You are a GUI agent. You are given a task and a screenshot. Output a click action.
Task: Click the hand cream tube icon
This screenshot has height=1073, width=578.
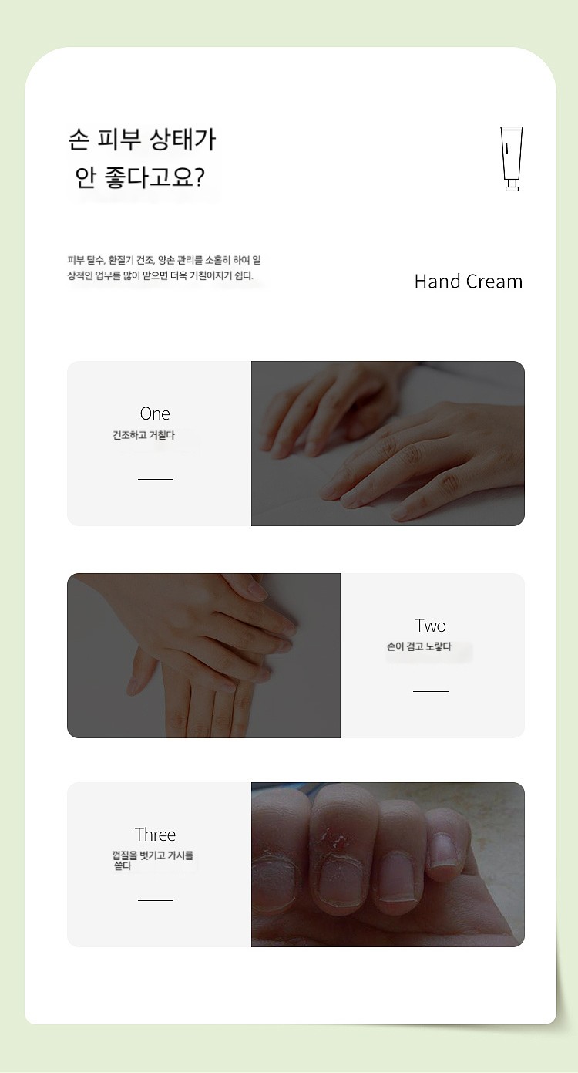[x=512, y=159]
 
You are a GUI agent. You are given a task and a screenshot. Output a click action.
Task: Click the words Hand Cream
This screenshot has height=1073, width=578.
[x=469, y=282]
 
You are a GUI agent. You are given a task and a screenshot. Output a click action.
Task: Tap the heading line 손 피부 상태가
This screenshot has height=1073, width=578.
[x=142, y=140]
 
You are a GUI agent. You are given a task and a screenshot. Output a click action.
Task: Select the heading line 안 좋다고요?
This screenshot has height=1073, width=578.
[x=139, y=177]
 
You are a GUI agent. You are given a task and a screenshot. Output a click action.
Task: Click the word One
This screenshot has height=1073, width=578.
[x=155, y=413]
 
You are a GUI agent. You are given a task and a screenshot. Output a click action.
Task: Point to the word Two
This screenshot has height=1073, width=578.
[x=431, y=626]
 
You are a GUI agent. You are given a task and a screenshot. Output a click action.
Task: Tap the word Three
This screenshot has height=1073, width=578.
[x=155, y=835]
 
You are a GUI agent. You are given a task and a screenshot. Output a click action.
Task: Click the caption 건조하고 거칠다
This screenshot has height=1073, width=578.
[x=143, y=435]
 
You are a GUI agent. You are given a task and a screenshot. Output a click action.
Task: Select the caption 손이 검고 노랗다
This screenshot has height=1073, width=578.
[x=419, y=646]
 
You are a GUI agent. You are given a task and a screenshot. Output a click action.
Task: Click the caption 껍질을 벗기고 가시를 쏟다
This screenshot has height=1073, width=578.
[x=153, y=860]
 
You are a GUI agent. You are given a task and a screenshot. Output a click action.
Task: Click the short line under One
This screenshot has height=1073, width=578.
[x=156, y=479]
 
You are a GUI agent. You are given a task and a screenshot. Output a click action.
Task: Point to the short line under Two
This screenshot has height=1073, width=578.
[x=431, y=691]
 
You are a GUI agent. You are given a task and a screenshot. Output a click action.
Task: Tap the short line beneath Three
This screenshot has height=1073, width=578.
[x=156, y=900]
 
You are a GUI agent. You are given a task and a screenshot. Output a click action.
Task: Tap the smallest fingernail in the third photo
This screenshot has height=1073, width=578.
[x=442, y=851]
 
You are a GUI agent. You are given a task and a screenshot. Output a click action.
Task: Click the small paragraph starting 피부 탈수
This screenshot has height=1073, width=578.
[x=164, y=268]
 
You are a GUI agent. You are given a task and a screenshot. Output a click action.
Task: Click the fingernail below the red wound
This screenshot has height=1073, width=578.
[x=341, y=882]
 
